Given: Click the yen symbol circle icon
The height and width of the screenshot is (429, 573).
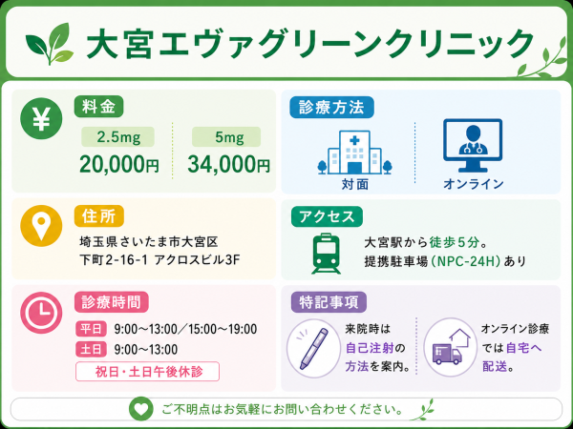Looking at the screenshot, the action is click(x=41, y=118).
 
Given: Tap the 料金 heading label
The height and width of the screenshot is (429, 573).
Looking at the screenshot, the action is click(x=98, y=107).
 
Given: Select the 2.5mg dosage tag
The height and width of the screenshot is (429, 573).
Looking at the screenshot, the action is click(x=117, y=137).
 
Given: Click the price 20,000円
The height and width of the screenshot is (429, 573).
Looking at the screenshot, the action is click(x=119, y=165).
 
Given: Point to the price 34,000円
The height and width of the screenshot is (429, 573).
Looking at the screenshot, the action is click(x=229, y=165).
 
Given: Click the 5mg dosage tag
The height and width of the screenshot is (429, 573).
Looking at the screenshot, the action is click(x=226, y=137).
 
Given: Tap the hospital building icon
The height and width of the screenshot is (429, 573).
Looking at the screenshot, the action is click(x=354, y=153).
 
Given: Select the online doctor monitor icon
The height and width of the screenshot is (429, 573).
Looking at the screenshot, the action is click(x=473, y=145).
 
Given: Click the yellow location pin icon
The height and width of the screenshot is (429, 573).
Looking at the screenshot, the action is click(x=41, y=226).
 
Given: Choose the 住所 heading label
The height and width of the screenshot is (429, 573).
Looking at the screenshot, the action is click(x=99, y=216).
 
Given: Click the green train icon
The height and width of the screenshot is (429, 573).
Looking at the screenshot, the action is click(x=327, y=254).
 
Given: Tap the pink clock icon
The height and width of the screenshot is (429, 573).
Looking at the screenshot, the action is click(x=41, y=313).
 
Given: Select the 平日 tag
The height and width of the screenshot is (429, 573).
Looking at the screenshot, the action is click(x=91, y=329).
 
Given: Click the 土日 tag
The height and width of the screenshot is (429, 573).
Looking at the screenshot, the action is click(x=91, y=349).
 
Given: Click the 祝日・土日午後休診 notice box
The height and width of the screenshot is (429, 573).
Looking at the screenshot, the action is click(x=148, y=372).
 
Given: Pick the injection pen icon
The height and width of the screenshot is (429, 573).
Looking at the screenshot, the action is click(x=314, y=348).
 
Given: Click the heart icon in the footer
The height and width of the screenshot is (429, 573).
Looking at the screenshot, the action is click(x=141, y=409).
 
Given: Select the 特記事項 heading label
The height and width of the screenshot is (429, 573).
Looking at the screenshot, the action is click(x=329, y=303).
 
